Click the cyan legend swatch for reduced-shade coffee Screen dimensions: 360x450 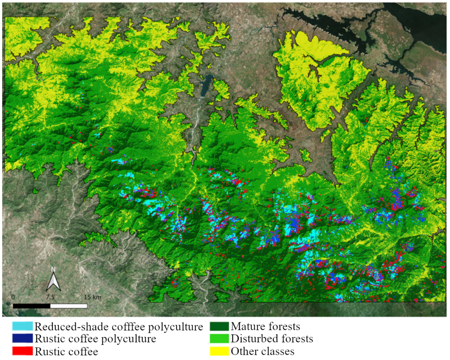[22, 326]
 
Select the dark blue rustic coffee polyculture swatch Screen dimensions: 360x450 [22, 338]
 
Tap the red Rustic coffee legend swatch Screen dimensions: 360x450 [22, 351]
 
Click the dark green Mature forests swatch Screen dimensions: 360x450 [219, 326]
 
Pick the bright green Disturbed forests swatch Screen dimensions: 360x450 [219, 338]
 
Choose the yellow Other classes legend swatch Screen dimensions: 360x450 [219, 351]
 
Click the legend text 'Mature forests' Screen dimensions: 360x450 [265, 326]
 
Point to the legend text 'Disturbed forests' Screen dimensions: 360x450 [272, 339]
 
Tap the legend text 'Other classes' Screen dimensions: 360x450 [262, 351]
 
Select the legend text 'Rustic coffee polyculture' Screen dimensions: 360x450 [95, 339]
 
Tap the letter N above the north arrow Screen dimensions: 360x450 [53, 269]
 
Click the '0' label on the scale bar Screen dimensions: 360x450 [13, 297]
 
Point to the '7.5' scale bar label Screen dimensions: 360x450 [50, 297]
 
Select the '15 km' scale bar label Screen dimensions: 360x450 [93, 297]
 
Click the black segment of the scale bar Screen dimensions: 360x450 [31, 306]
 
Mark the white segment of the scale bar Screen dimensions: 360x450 [69, 306]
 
